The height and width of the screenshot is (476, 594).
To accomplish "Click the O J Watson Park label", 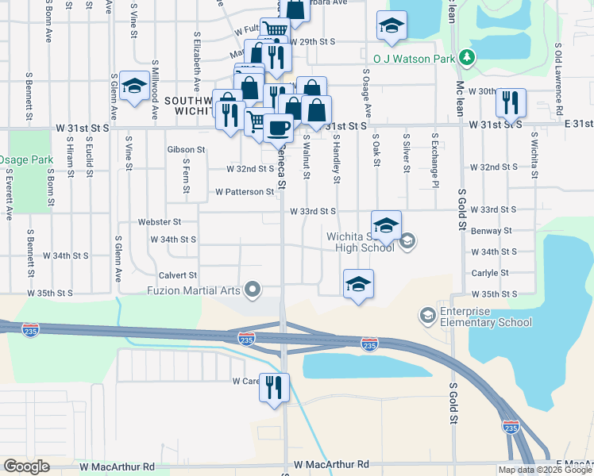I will pyautogui.click(x=415, y=58).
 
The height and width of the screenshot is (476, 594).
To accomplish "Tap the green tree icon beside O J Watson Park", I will pyautogui.click(x=469, y=57).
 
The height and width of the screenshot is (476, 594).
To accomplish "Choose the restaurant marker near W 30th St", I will pyautogui.click(x=510, y=102).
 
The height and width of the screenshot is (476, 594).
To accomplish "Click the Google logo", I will pyautogui.click(x=26, y=466).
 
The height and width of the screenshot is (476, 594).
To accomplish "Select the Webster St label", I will pyautogui.click(x=160, y=222).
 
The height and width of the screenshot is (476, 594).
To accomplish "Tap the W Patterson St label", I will pyautogui.click(x=245, y=192).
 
